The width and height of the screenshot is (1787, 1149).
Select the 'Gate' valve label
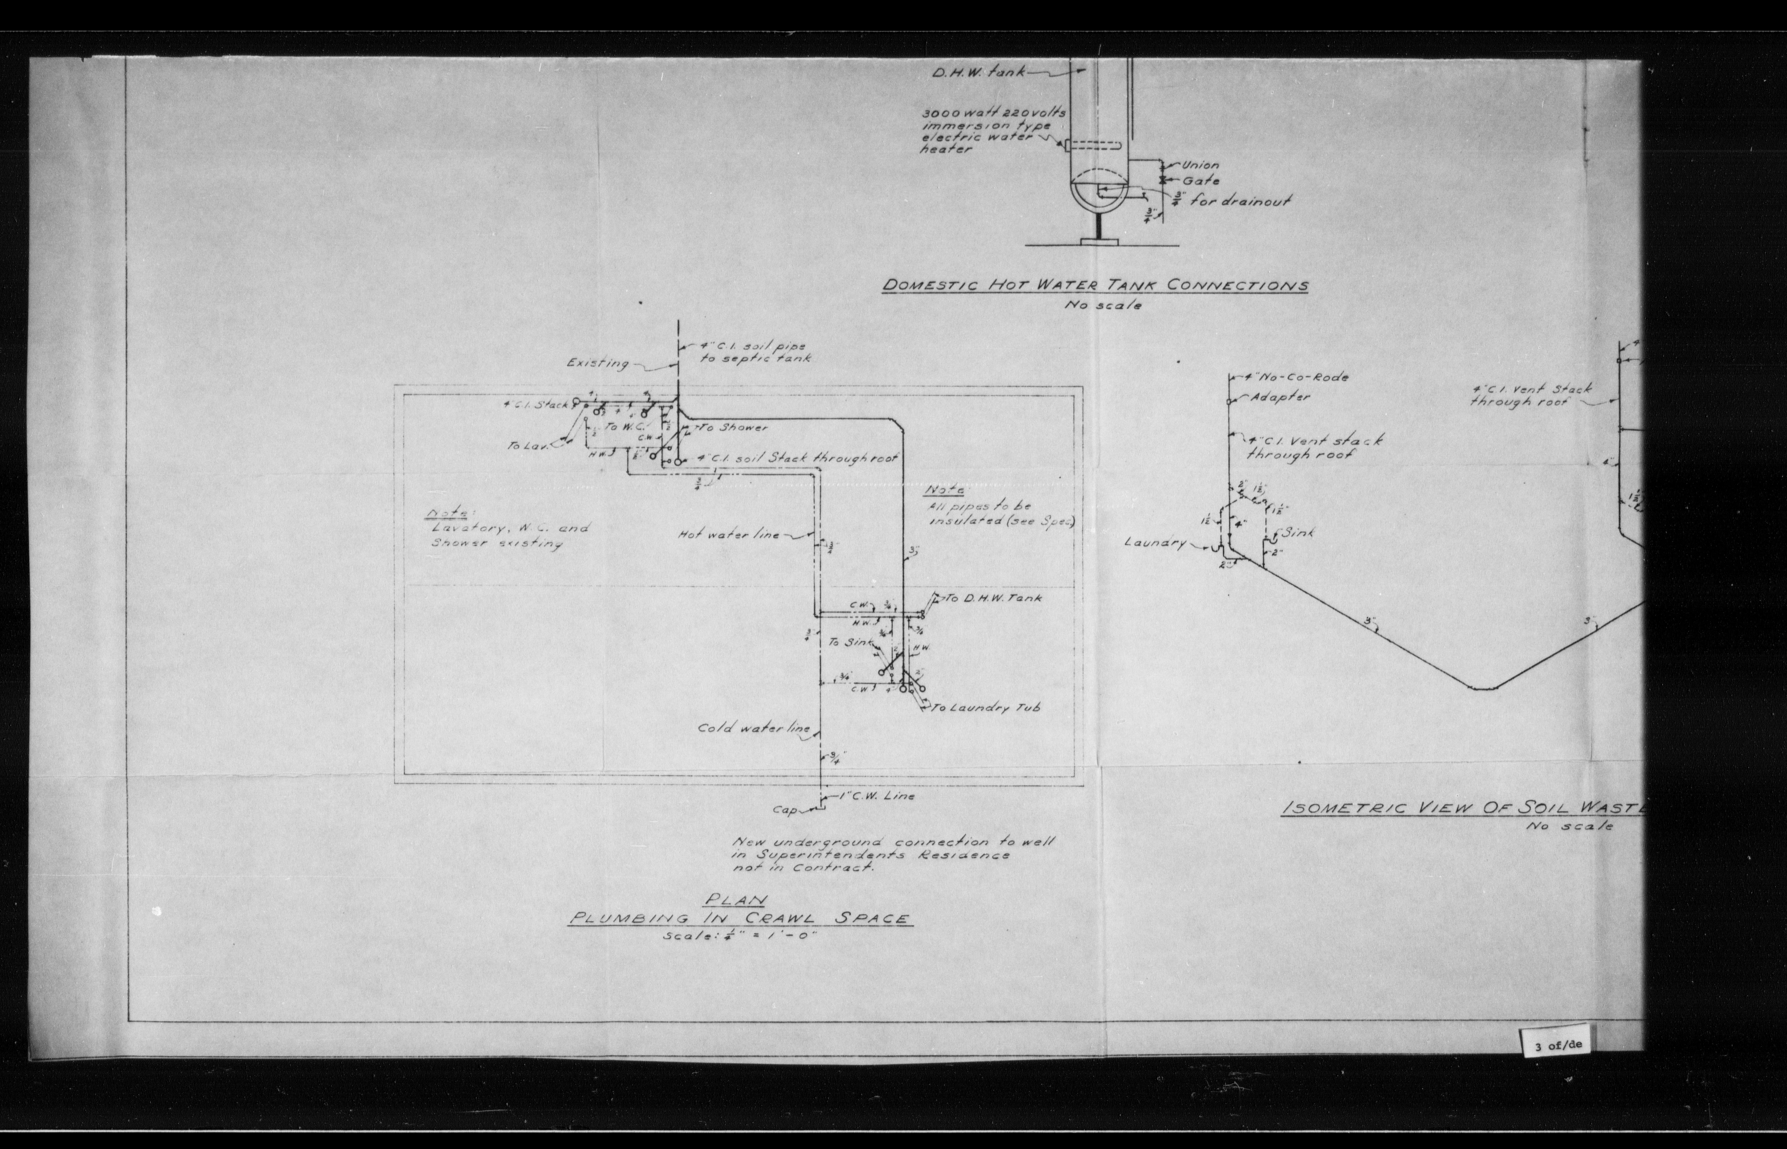pyautogui.click(x=1201, y=181)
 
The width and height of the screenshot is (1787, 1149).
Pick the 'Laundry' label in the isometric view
pyautogui.click(x=1155, y=542)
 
